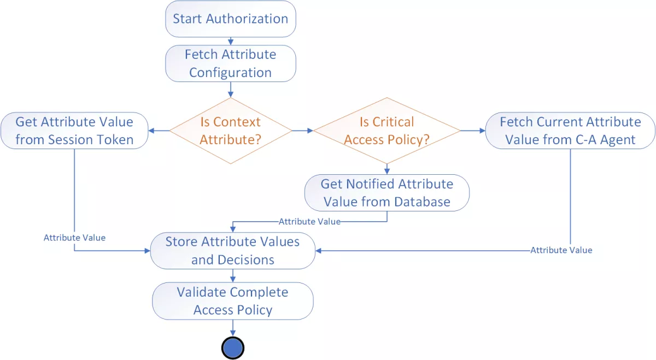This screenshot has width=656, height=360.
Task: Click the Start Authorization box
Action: click(x=230, y=19)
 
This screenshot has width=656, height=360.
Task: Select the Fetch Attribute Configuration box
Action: click(x=230, y=63)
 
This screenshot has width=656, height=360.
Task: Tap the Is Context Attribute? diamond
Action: click(x=230, y=131)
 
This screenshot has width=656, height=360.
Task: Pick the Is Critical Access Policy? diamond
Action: click(x=386, y=131)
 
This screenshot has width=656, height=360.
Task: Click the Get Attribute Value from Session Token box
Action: click(x=74, y=131)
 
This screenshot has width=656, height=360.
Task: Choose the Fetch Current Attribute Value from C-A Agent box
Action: click(x=570, y=131)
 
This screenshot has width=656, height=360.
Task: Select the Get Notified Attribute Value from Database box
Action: click(x=386, y=193)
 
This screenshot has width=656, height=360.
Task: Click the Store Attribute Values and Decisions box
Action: click(x=232, y=251)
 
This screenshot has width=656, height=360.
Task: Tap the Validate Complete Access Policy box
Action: click(x=232, y=301)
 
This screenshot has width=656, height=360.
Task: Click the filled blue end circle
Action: click(x=232, y=347)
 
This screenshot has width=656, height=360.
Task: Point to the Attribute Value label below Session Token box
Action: click(x=74, y=238)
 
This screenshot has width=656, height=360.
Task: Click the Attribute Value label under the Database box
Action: click(x=309, y=221)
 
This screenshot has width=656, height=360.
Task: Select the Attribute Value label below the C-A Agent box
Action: click(x=561, y=250)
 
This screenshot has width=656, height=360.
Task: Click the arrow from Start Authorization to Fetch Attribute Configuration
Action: click(x=230, y=40)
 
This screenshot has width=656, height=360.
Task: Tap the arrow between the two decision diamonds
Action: click(x=302, y=131)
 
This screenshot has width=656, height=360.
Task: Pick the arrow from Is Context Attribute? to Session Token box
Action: click(x=159, y=131)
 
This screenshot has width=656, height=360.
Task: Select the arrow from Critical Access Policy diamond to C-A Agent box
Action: click(x=473, y=131)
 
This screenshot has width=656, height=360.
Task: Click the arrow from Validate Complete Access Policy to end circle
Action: click(x=233, y=328)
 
